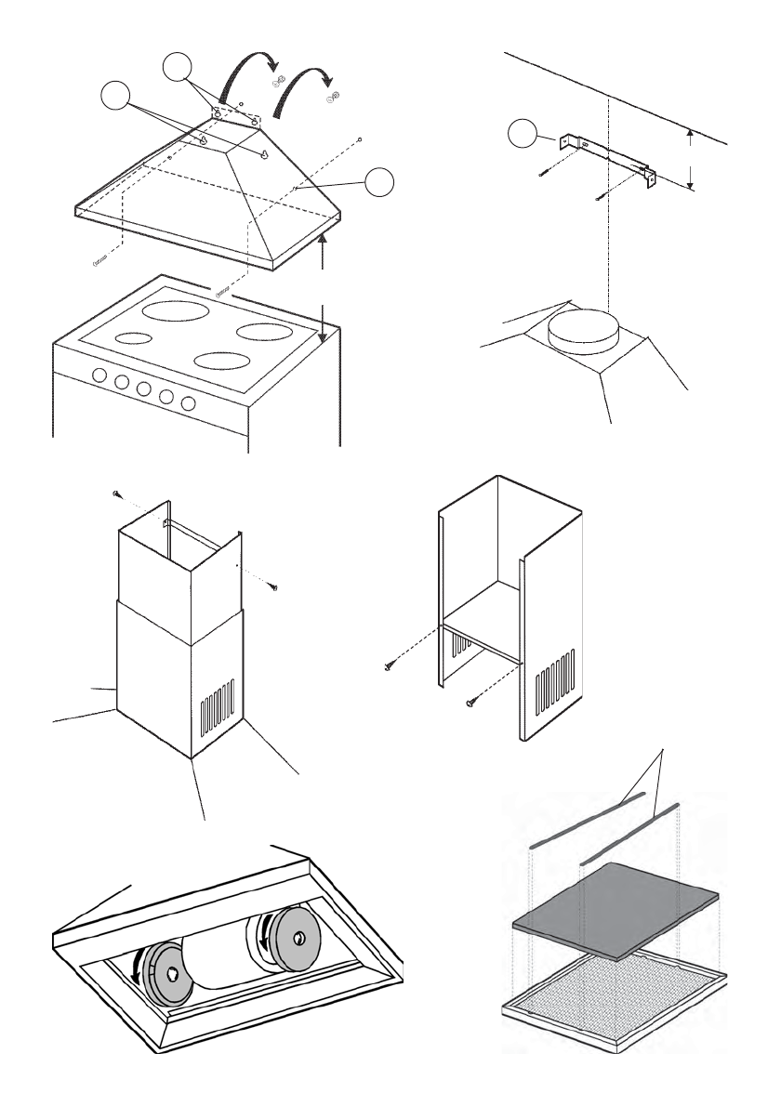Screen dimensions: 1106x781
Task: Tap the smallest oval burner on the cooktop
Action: tap(134, 338)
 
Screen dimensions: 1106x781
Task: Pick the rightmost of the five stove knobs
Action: tap(189, 403)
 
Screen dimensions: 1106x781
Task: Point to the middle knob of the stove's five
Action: tap(144, 389)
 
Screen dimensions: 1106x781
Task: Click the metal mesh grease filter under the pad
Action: tap(615, 984)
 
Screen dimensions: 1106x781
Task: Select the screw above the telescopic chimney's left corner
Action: tap(116, 493)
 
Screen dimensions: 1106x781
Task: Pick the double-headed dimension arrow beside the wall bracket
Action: tap(691, 159)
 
